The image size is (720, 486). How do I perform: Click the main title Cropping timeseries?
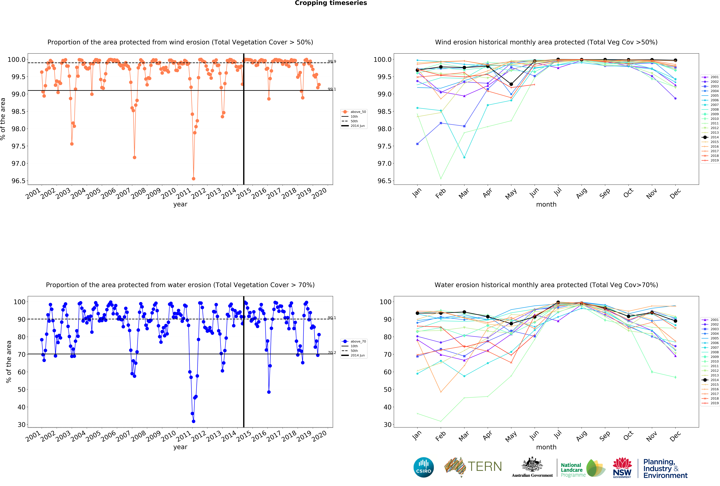(331, 3)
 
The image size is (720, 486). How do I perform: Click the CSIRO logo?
(423, 467)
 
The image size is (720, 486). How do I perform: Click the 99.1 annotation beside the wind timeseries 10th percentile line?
(332, 89)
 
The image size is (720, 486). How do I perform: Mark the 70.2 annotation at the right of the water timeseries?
(332, 353)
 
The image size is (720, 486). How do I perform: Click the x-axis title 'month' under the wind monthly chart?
(546, 204)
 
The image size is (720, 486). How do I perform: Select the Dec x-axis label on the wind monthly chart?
(675, 193)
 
